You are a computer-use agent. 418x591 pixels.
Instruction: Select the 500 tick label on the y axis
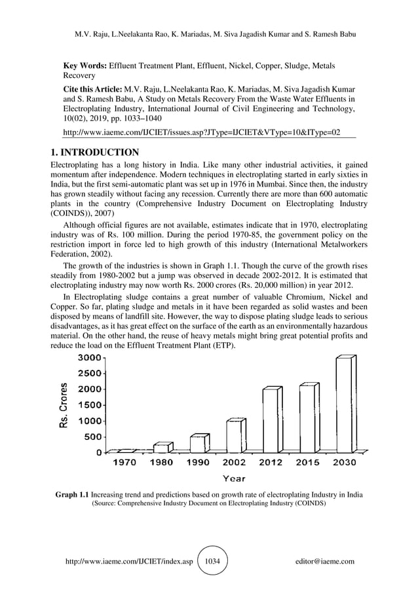coord(92,437)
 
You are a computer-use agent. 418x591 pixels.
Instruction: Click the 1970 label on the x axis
coord(124,462)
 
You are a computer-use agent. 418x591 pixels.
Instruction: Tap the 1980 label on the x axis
coord(161,462)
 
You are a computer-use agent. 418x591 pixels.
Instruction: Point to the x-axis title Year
coord(234,478)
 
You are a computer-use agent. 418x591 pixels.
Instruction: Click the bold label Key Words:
coord(85,66)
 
